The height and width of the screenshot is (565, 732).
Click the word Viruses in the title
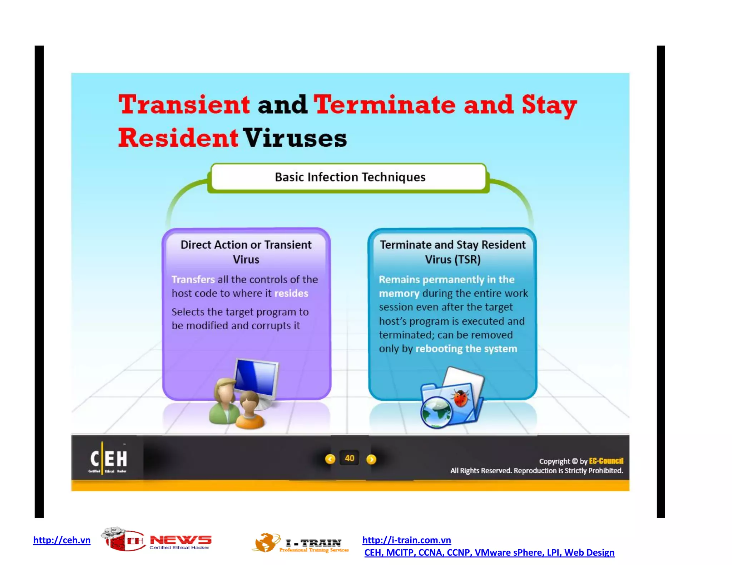coord(295,138)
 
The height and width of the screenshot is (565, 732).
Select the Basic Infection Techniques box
coord(349,177)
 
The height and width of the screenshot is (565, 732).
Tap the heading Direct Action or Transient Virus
coord(246,252)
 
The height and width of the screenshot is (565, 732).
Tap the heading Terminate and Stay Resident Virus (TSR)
coord(452,252)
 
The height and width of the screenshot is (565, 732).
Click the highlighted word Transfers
coord(193,279)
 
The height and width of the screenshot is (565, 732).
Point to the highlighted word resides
coord(291,293)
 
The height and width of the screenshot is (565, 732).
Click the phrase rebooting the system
coord(466,349)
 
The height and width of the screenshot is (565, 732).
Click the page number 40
coord(349,458)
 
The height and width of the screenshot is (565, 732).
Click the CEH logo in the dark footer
coord(108,459)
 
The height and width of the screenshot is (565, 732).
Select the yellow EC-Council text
coord(606,461)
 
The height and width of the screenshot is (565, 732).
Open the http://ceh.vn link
coord(62,540)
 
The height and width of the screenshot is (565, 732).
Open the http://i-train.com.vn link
coord(406,540)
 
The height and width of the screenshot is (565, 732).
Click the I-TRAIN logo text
coord(313,543)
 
